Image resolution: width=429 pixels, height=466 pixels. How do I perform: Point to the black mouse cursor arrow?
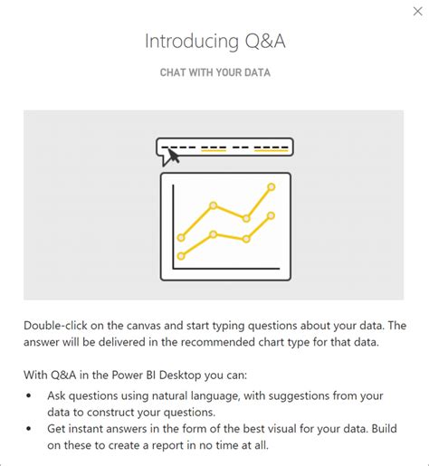[171, 156]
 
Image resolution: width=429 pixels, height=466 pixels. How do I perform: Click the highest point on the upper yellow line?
[272, 187]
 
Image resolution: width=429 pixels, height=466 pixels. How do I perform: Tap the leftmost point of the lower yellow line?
[181, 256]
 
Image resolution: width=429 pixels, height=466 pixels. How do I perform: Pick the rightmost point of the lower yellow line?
[272, 216]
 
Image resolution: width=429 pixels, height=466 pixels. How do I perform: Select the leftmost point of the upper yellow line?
[181, 238]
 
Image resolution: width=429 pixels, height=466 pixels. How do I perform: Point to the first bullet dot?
[29, 395]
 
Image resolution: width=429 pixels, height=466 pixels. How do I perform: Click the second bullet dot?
[29, 430]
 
